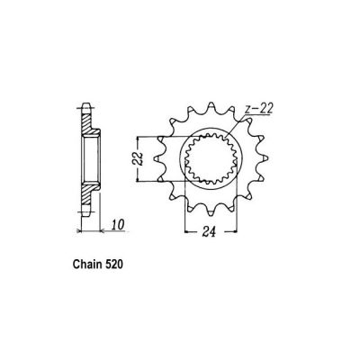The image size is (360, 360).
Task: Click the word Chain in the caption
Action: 87,268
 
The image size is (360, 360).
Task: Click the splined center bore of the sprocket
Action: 210,159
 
